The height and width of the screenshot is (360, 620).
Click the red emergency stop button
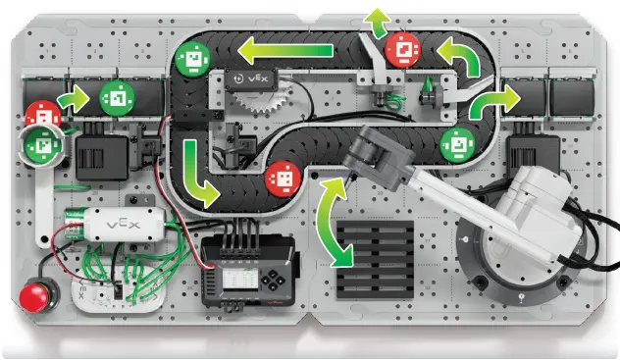(x=33, y=295)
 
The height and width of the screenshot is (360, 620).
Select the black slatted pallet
(x=375, y=259)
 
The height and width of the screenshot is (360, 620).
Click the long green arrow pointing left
(x=285, y=50)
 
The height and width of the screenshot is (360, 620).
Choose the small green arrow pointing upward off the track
(x=378, y=23)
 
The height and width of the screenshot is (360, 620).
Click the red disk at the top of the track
(x=403, y=50)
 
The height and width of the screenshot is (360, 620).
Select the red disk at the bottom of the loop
(x=284, y=179)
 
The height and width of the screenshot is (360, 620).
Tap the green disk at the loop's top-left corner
(x=192, y=59)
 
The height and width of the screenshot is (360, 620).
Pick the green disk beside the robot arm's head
(x=457, y=145)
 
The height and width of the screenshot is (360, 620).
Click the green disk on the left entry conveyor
(x=117, y=99)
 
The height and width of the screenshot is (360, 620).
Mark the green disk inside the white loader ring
(x=42, y=145)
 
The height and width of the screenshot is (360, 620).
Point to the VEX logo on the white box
(x=123, y=225)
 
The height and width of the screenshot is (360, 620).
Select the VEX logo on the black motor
(x=257, y=78)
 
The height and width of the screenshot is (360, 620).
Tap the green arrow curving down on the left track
(x=197, y=174)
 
